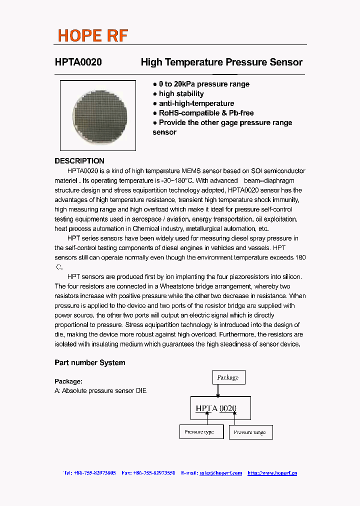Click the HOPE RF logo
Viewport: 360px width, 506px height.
[x=92, y=35]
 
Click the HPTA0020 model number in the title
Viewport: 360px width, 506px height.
[x=78, y=62]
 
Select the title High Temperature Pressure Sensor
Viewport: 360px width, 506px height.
[x=221, y=62]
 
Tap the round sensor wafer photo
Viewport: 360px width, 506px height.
[x=97, y=115]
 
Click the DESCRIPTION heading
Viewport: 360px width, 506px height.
[x=79, y=161]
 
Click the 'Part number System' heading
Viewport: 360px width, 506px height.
[x=90, y=362]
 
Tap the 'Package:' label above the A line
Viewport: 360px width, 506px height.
[x=68, y=381]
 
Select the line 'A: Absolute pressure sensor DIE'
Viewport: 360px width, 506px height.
[x=100, y=391]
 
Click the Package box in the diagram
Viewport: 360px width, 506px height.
[x=228, y=377]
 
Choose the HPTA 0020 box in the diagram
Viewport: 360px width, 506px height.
[x=220, y=408]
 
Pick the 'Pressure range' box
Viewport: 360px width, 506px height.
[x=250, y=432]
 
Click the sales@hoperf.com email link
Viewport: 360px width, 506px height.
[x=220, y=473]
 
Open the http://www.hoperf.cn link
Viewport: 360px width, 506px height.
[x=272, y=473]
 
